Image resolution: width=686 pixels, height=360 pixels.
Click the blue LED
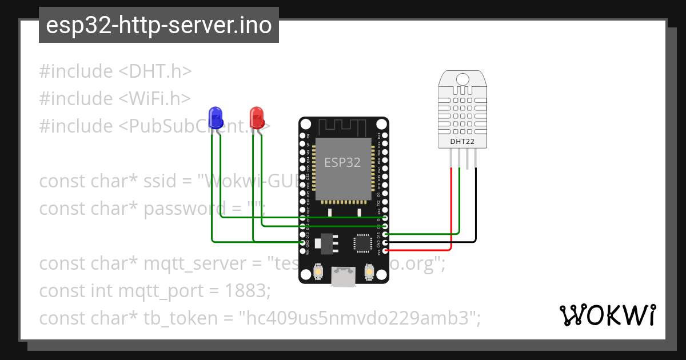(216, 117)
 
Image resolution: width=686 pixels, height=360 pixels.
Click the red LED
(257, 117)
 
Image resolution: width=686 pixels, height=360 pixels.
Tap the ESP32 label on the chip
(343, 162)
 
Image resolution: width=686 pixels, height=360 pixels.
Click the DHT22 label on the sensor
(462, 141)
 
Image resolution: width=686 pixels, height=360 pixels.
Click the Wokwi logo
(607, 315)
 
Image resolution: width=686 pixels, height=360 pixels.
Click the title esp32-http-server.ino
(158, 25)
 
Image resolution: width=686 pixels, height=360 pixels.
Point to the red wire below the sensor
(452, 211)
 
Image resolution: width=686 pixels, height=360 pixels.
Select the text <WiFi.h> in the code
(155, 98)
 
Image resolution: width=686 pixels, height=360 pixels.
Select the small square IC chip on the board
(363, 243)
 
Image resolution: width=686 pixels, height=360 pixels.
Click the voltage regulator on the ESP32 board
(326, 242)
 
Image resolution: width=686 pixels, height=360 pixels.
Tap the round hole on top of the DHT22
(462, 78)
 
